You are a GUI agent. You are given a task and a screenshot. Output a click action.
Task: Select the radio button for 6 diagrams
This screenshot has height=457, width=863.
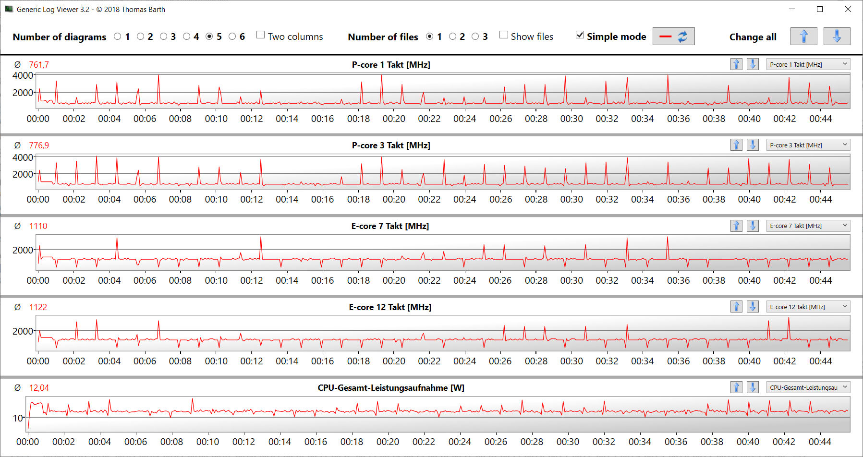232,36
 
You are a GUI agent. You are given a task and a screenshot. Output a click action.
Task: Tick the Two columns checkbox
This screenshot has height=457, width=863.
261,35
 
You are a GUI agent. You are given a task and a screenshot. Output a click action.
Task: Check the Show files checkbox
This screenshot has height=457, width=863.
504,35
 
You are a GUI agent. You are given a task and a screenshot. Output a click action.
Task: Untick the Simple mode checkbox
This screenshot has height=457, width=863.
580,35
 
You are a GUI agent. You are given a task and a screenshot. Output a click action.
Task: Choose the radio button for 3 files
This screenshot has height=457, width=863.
475,36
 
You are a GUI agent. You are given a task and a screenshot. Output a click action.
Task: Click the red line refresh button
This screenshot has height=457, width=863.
673,36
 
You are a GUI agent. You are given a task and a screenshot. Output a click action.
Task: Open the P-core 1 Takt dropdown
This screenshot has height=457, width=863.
808,64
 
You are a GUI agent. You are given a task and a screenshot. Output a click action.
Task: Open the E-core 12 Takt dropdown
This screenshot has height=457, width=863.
808,307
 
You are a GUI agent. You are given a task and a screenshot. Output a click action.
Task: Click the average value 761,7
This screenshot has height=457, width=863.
39,65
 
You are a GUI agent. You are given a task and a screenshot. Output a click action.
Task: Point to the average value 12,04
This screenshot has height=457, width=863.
39,388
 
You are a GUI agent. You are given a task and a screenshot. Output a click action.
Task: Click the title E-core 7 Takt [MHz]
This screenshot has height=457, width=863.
390,226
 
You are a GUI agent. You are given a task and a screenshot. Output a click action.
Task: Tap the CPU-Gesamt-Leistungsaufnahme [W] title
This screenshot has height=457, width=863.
391,388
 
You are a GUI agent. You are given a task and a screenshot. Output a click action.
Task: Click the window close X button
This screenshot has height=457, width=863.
848,9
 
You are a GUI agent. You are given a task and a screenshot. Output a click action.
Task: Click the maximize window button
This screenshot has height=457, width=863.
820,9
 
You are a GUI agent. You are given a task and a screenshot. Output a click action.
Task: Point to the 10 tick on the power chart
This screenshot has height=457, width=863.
18,418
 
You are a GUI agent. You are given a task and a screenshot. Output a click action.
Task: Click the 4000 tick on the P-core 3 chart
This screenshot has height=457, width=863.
23,157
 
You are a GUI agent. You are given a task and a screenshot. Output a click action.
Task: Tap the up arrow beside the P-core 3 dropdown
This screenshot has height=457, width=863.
736,145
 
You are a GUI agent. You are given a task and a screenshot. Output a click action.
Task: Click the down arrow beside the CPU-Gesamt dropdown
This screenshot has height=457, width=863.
753,387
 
